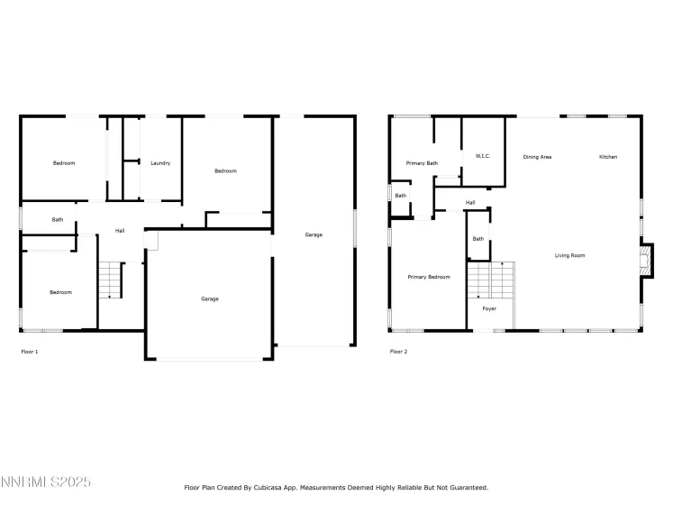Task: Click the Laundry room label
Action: (x=161, y=163)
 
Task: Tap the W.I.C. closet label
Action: (x=482, y=157)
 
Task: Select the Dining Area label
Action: (x=537, y=157)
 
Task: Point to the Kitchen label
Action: (x=608, y=157)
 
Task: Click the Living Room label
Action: (x=569, y=255)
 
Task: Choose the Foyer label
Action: (x=489, y=308)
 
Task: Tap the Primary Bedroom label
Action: (x=428, y=277)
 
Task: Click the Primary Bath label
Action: (x=422, y=163)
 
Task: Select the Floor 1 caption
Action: (x=30, y=351)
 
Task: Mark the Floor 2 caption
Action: (x=398, y=351)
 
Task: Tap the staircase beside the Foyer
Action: (x=489, y=280)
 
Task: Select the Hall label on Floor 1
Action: (x=120, y=231)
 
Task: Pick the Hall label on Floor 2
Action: (x=470, y=203)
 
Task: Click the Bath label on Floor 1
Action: (x=58, y=220)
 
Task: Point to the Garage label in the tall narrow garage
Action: (x=314, y=234)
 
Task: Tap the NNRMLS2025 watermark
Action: (x=46, y=483)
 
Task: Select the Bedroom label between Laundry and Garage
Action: (x=225, y=171)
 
